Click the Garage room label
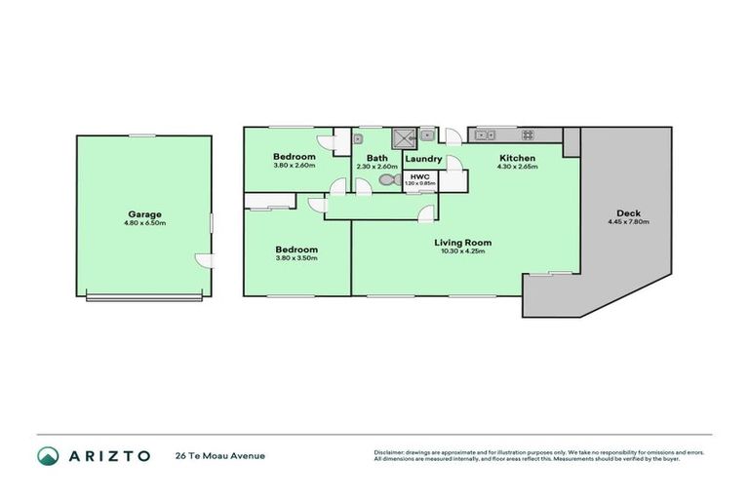coord(144,214)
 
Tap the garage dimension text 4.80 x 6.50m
coord(144,224)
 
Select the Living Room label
coord(463,243)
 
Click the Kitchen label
coord(517,158)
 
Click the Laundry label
coord(423,159)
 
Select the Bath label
coord(377,159)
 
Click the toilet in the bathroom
coord(387,181)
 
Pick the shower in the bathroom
coord(403,137)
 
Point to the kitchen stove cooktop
coord(528,134)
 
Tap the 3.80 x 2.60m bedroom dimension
coord(294,166)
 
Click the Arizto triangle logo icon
coord(47,455)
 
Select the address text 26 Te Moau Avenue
coord(219,455)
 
